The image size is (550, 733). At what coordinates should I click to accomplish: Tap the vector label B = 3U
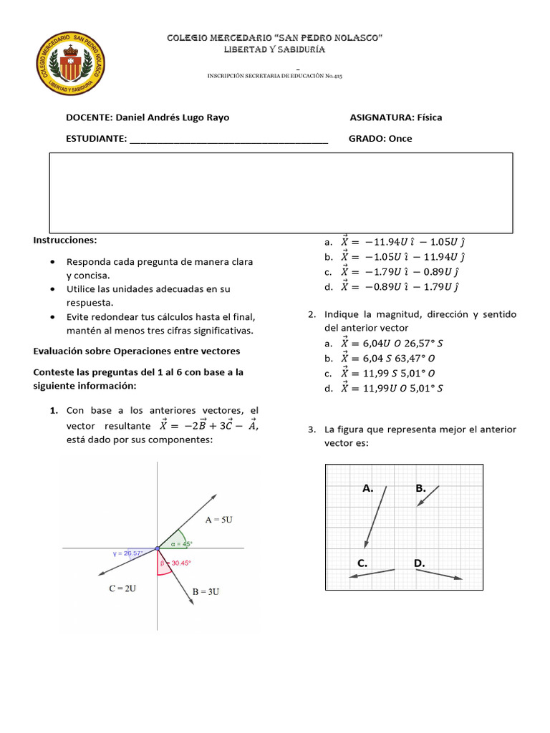pyautogui.click(x=206, y=592)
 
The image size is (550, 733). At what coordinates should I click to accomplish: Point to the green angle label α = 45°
pyautogui.click(x=182, y=544)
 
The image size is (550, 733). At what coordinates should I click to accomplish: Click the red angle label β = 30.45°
pyautogui.click(x=174, y=563)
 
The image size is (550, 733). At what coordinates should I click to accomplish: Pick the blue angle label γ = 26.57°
pyautogui.click(x=128, y=553)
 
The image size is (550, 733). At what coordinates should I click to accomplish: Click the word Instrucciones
pyautogui.click(x=64, y=240)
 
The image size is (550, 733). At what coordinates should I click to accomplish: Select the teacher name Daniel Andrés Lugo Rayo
pyautogui.click(x=172, y=117)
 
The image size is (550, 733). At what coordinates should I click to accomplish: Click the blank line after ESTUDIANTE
pyautogui.click(x=228, y=140)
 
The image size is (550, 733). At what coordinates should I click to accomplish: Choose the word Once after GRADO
pyautogui.click(x=400, y=139)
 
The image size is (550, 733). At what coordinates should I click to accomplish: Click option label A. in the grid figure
pyautogui.click(x=368, y=488)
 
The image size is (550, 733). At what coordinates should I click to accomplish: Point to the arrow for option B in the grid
pyautogui.click(x=428, y=495)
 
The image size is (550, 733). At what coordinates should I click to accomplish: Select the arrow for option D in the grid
pyautogui.click(x=446, y=575)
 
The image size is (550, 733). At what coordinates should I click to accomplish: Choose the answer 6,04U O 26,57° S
pyautogui.click(x=392, y=344)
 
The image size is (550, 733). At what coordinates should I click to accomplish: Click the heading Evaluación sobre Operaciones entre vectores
pyautogui.click(x=137, y=351)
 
